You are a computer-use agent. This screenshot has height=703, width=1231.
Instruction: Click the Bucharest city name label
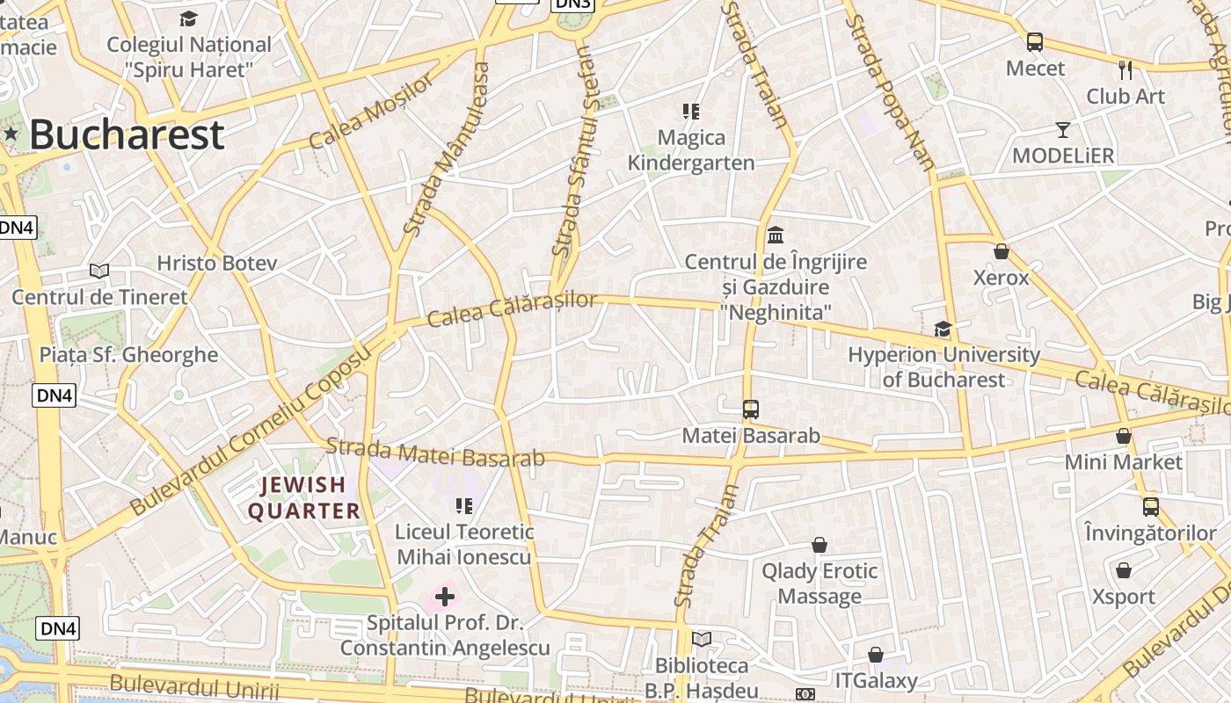tap(127, 135)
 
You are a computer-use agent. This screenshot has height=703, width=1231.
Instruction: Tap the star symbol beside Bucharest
tap(11, 134)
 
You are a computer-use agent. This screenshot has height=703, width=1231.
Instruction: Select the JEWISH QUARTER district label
tap(303, 497)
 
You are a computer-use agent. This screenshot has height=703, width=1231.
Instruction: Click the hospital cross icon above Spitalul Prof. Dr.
tap(445, 598)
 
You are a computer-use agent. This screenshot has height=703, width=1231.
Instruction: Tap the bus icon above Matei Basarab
tap(750, 409)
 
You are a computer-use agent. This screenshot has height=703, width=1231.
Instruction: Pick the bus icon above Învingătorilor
tap(1150, 506)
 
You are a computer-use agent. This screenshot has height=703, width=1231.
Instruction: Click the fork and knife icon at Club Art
tap(1125, 70)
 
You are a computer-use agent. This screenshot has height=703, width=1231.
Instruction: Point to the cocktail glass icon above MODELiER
tap(1063, 130)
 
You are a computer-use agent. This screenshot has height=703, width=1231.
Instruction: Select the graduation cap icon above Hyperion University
tap(943, 329)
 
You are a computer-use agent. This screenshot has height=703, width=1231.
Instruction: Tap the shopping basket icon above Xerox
tap(1001, 251)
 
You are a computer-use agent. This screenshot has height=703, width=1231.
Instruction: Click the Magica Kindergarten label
tap(690, 150)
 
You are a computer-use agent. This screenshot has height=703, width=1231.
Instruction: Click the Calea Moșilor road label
tap(372, 112)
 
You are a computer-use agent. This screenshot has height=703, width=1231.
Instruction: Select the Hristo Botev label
tap(216, 263)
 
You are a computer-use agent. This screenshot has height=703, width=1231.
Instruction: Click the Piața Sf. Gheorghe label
tap(128, 354)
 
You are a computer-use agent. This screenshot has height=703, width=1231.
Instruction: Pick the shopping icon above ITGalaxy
tap(875, 655)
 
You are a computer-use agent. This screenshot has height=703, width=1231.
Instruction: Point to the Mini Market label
tap(1123, 461)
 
